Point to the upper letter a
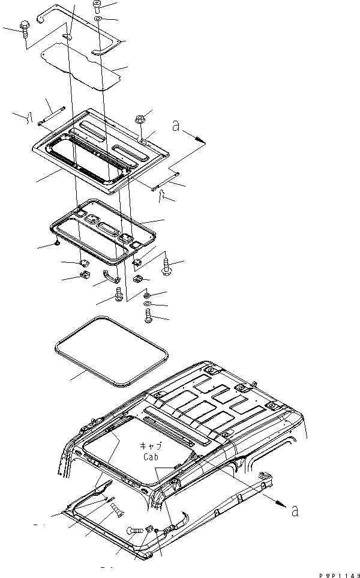click(x=176, y=127)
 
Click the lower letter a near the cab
click(x=295, y=511)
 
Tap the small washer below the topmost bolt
click(x=97, y=20)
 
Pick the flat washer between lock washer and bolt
click(x=148, y=305)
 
